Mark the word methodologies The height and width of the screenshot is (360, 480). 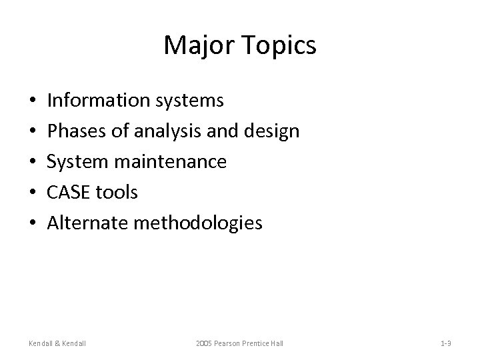click(x=198, y=224)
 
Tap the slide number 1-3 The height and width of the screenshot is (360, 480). click(x=446, y=343)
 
